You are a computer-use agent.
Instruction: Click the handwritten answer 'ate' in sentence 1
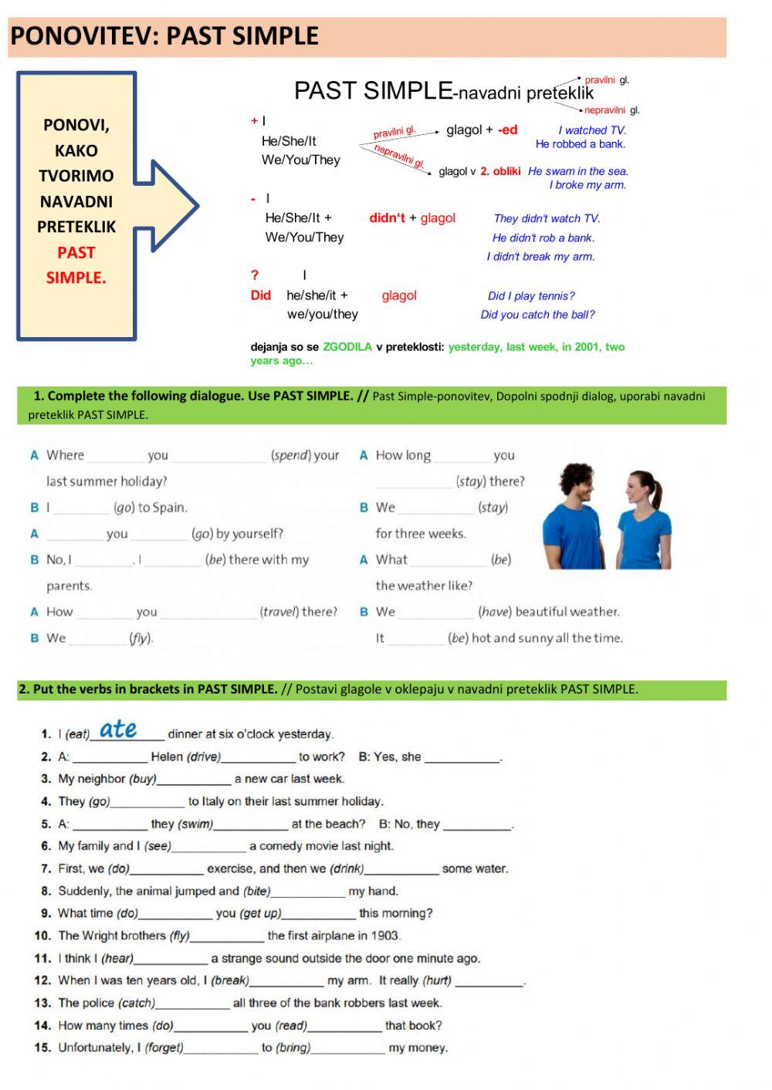(x=118, y=729)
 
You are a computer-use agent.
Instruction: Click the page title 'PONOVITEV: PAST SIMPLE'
(x=164, y=36)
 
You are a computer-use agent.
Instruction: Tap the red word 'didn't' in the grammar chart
(x=387, y=218)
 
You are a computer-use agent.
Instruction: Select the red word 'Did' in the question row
(x=261, y=295)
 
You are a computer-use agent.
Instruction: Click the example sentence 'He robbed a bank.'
(x=580, y=144)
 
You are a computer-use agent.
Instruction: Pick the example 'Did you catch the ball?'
(x=537, y=315)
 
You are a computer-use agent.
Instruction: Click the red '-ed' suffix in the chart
(x=507, y=130)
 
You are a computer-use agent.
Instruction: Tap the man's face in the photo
(x=577, y=484)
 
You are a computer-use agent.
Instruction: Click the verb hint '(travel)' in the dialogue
(x=279, y=612)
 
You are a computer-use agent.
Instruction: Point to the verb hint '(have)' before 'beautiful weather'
(x=494, y=612)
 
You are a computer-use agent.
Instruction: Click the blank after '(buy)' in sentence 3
(x=194, y=780)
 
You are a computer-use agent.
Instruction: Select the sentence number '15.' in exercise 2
(x=42, y=1048)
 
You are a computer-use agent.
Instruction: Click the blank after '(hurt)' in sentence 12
(x=489, y=981)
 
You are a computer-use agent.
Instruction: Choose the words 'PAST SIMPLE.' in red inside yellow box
(x=76, y=265)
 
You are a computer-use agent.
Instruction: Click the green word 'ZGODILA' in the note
(x=347, y=347)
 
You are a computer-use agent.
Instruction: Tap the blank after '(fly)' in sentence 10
(x=227, y=936)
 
